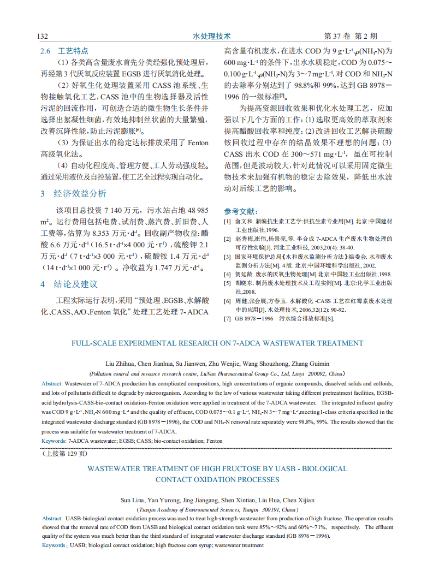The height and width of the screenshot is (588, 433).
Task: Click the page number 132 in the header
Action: click(43, 36)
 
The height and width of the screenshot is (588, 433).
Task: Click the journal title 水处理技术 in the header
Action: click(212, 36)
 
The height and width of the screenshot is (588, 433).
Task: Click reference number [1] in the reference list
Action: click(227, 222)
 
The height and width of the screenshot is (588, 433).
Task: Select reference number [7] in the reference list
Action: click(227, 318)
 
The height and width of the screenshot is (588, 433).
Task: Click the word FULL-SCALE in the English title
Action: click(96, 343)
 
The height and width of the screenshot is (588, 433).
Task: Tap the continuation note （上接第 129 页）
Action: click(64, 453)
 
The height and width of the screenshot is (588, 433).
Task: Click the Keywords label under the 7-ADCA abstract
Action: click(54, 441)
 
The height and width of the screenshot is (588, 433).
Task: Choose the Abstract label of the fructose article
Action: click(52, 518)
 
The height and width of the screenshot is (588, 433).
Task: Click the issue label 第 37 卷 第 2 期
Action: click(350, 36)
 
